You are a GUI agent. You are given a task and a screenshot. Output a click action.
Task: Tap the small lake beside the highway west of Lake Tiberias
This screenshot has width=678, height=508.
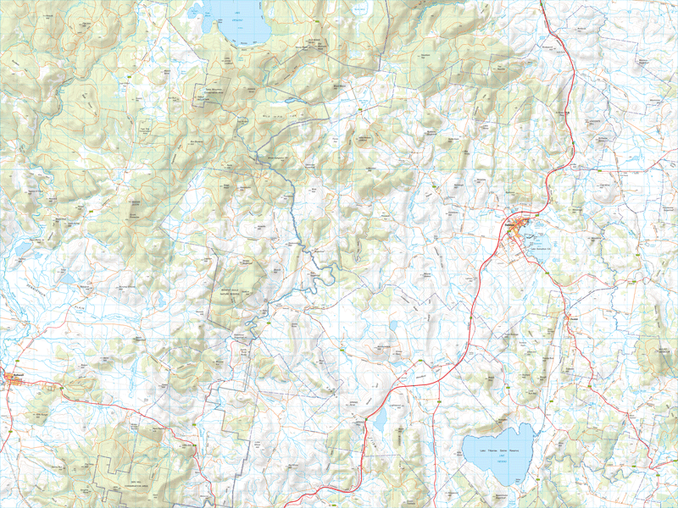(380, 417)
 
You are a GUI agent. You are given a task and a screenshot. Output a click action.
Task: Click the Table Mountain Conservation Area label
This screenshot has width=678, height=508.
(217, 94)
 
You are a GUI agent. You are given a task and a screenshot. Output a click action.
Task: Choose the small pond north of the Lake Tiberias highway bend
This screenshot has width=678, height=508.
(392, 325)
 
